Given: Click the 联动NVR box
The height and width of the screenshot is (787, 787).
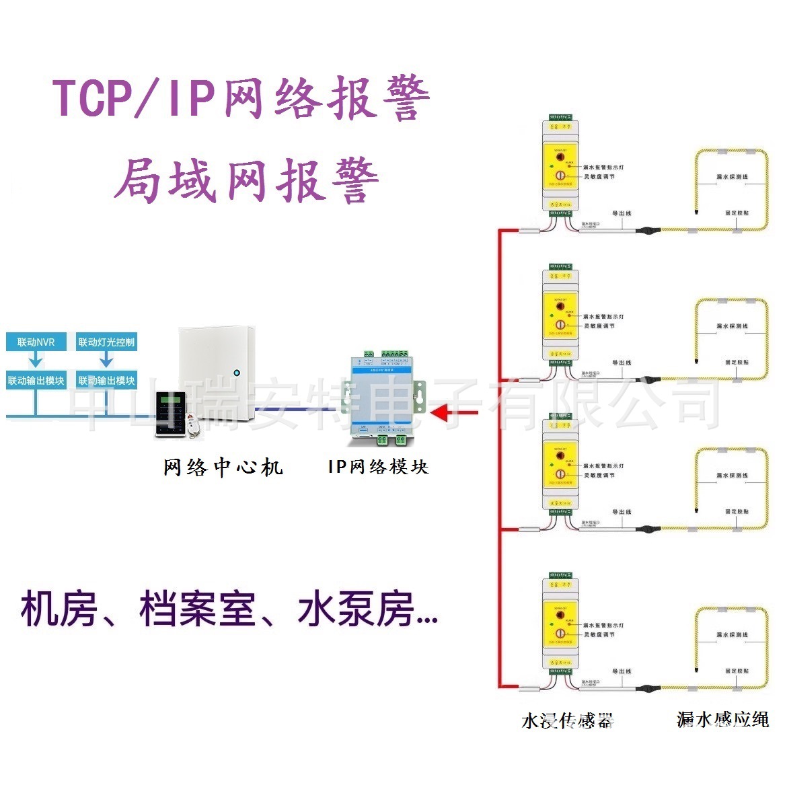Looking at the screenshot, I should coord(36,342).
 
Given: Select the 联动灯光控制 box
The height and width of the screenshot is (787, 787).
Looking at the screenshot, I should coord(106,342).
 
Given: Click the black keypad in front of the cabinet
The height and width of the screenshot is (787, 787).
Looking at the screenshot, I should coord(170,413).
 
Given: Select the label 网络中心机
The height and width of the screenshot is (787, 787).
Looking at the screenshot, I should coord(223,467).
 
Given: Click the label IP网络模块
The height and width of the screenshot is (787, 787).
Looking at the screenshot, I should coord(378,466).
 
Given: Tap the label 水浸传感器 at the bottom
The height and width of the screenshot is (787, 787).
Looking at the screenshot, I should coord(567,720).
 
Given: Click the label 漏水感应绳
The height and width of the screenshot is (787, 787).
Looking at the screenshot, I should coord(722,719).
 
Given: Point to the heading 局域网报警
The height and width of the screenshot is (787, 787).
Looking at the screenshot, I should coord(246,180).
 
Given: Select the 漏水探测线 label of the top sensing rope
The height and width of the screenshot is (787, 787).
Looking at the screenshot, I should coord(732,177).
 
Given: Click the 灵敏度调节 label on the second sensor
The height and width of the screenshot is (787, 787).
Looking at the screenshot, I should coord(599,326).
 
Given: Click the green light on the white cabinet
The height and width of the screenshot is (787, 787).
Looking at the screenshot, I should coord(236,372).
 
